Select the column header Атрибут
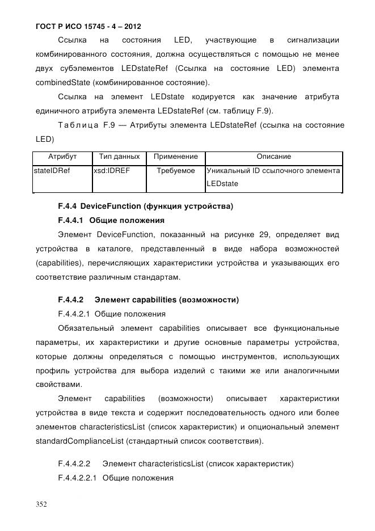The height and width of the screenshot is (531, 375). (62, 157)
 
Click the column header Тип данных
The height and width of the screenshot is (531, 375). (119, 157)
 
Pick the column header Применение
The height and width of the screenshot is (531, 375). (176, 157)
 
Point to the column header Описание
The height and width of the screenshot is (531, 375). (273, 157)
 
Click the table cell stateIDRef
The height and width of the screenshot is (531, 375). (52, 170)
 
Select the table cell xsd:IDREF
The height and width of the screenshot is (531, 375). (112, 170)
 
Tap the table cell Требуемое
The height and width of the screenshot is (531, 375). (176, 170)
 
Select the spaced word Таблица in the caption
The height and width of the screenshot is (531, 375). (78, 125)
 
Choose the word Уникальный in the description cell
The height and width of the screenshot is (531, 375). (227, 170)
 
